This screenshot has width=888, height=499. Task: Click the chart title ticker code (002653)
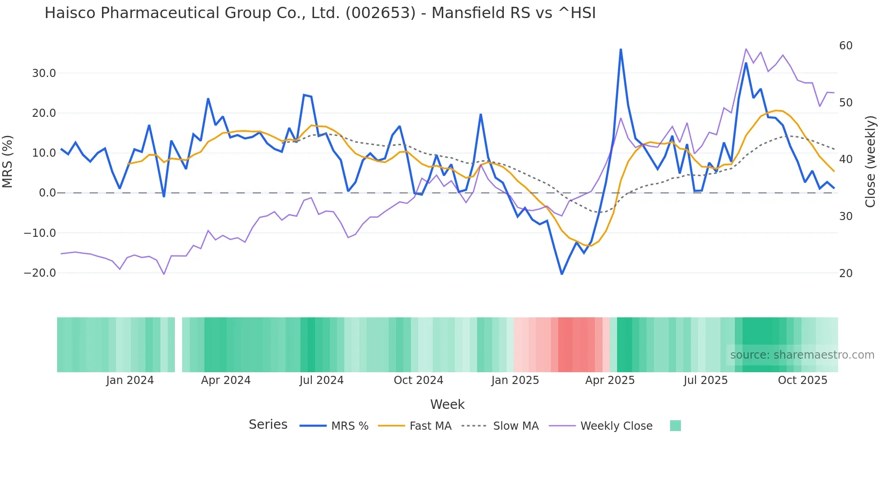tap(380, 13)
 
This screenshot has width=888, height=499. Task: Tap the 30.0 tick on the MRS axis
tap(44, 73)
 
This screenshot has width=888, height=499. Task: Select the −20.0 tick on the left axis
tap(40, 273)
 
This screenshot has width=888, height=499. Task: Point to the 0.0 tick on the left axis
tap(48, 193)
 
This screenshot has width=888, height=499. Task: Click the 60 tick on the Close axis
tap(845, 46)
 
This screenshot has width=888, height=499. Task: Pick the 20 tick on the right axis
tap(845, 273)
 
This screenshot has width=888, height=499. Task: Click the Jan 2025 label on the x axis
tap(515, 380)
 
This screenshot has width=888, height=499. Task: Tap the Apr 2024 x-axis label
tap(226, 380)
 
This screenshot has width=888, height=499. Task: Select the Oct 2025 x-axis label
tap(802, 380)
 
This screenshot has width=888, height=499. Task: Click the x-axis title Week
tap(447, 404)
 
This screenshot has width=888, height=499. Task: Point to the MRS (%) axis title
tap(8, 161)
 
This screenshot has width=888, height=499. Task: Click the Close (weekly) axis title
tap(870, 162)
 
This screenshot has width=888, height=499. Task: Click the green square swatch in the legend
tap(675, 426)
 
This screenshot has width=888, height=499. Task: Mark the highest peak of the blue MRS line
tap(621, 49)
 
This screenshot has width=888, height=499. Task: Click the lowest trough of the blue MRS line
tap(562, 274)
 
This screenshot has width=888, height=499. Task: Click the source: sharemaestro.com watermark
tap(802, 355)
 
